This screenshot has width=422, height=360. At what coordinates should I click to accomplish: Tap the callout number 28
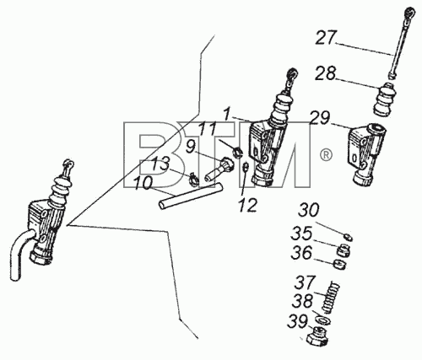[325, 73]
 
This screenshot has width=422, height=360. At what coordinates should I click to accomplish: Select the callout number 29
[320, 117]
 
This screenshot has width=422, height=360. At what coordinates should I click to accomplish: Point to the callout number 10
[143, 183]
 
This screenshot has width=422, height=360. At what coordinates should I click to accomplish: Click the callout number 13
[160, 164]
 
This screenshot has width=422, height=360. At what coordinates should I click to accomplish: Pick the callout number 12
[247, 205]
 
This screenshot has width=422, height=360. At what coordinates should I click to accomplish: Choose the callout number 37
[305, 282]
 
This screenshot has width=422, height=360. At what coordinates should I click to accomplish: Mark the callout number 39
[298, 321]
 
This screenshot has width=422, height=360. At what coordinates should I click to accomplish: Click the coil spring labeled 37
[331, 298]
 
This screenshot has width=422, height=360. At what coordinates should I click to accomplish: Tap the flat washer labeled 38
[323, 320]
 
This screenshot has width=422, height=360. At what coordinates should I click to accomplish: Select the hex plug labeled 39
[317, 336]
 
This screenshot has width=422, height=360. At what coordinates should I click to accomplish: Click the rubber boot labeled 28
[385, 99]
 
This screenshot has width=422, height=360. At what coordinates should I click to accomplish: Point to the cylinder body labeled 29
[366, 154]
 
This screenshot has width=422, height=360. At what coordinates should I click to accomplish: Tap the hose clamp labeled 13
[193, 179]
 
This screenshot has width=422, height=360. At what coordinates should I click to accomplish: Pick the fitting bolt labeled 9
[220, 170]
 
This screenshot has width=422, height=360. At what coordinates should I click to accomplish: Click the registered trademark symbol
[326, 155]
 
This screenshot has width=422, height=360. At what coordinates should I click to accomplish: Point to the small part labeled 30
[349, 238]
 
